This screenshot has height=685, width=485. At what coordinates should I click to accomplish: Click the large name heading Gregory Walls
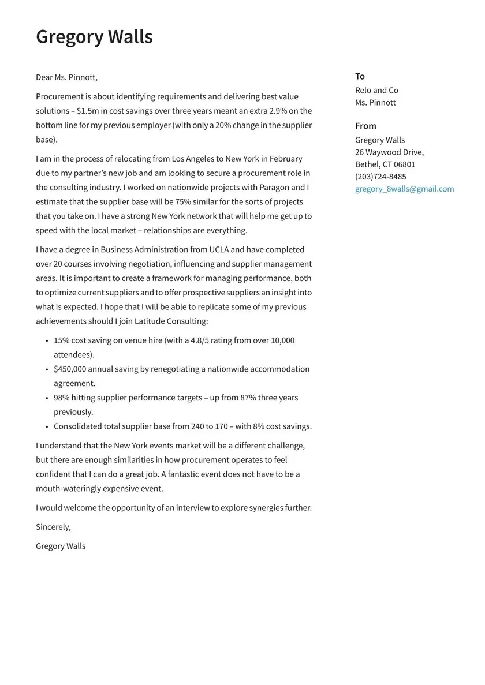tap(94, 36)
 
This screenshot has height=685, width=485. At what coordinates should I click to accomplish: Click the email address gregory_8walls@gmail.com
tap(404, 189)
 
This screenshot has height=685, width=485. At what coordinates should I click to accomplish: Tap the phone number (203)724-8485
tap(380, 177)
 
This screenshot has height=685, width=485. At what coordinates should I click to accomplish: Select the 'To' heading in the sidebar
tap(360, 76)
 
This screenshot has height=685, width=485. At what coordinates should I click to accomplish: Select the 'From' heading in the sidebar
tap(365, 126)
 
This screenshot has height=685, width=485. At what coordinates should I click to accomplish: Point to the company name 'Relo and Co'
tap(376, 90)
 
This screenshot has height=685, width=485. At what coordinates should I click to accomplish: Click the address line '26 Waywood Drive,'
tap(389, 152)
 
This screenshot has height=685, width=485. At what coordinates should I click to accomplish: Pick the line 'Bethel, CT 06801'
tap(385, 164)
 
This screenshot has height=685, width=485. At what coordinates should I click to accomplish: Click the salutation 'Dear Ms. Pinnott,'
tap(66, 77)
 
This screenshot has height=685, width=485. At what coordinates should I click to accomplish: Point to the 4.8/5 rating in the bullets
tap(199, 340)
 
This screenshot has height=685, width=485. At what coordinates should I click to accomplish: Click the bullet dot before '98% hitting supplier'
tap(47, 398)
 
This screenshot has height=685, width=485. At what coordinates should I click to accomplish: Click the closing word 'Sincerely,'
tap(53, 527)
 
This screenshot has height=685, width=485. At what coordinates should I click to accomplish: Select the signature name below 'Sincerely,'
tap(61, 546)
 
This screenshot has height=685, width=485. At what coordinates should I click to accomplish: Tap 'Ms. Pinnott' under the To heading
tap(375, 103)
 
